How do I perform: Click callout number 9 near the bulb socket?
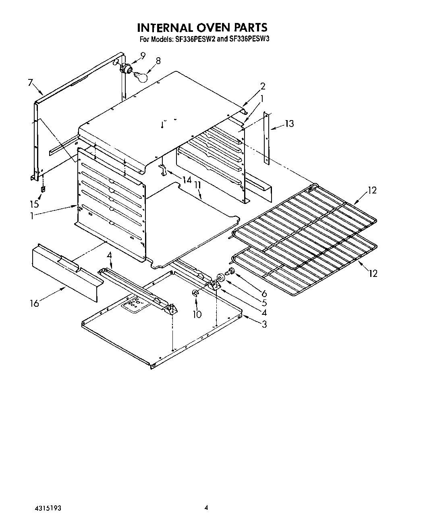tap(143, 56)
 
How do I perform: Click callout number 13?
tap(289, 124)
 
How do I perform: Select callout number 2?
tap(263, 86)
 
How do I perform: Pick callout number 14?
tap(186, 180)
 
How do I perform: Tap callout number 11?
tap(197, 185)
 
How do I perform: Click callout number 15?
tap(35, 204)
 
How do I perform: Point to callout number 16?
tap(34, 303)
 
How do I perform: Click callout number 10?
tap(197, 314)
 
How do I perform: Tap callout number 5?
tap(264, 303)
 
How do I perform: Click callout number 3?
tap(264, 324)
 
